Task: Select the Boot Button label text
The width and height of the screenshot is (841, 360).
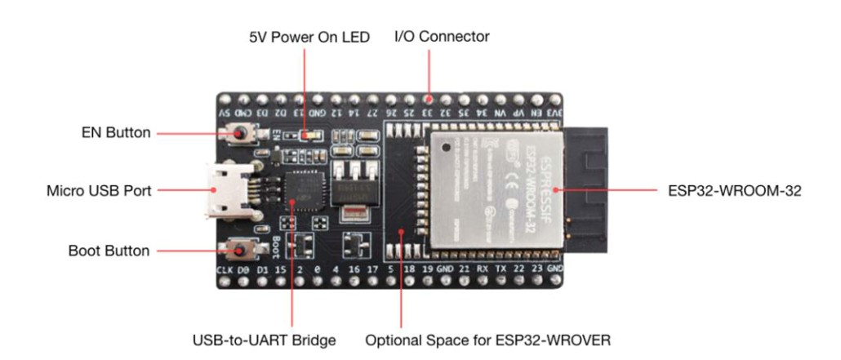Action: [x=109, y=251]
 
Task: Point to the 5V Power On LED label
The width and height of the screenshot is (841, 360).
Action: [x=309, y=38]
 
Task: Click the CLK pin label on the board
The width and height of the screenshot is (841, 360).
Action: [x=225, y=269]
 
